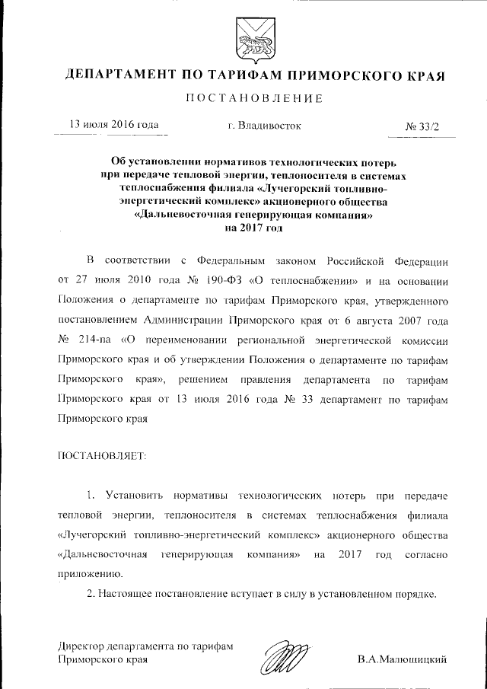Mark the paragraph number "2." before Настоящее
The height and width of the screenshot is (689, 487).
tap(91, 592)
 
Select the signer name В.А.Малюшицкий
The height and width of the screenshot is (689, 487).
tap(401, 659)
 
